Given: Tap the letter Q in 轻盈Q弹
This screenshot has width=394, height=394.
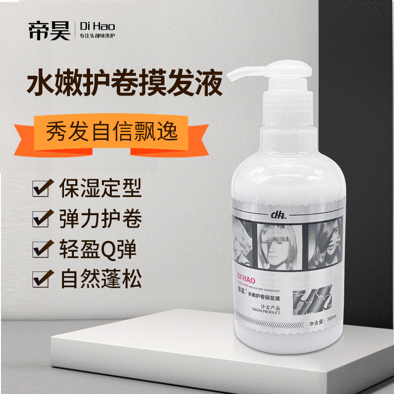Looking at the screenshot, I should point(107,249).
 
